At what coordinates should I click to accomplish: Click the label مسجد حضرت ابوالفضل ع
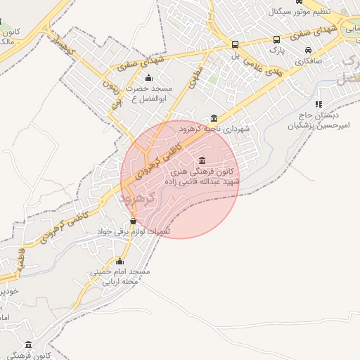[149, 94]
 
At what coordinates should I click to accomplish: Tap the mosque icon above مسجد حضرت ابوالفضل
[148, 77]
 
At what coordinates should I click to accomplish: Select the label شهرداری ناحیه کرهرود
[214, 129]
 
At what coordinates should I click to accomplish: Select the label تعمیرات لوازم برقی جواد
[133, 231]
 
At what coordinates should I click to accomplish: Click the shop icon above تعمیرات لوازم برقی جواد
[134, 221]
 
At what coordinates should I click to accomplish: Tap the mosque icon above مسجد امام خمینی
[119, 262]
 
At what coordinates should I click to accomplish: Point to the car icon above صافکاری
[309, 50]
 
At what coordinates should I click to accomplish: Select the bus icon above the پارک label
[276, 40]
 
